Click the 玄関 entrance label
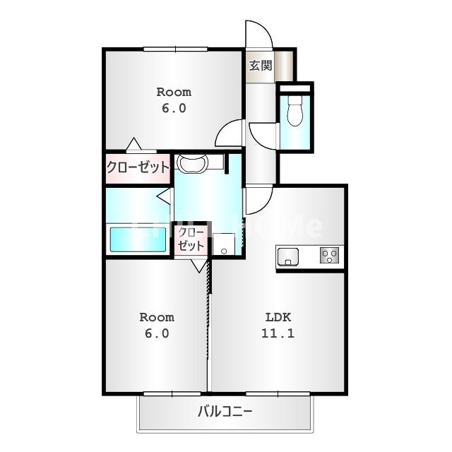(x=261, y=66)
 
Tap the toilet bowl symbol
(x=295, y=112)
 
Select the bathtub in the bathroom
(x=138, y=239)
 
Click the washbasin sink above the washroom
(x=192, y=163)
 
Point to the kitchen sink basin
(x=287, y=256)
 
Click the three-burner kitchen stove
(x=330, y=256)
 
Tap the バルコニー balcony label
(x=225, y=411)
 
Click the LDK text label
(x=278, y=317)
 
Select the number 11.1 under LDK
(x=278, y=333)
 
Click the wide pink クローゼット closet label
(x=138, y=167)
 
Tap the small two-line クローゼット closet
(x=191, y=239)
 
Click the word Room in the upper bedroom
(x=174, y=93)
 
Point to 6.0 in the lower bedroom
(x=157, y=333)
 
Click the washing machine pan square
(x=223, y=244)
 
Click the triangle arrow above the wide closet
(x=133, y=144)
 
